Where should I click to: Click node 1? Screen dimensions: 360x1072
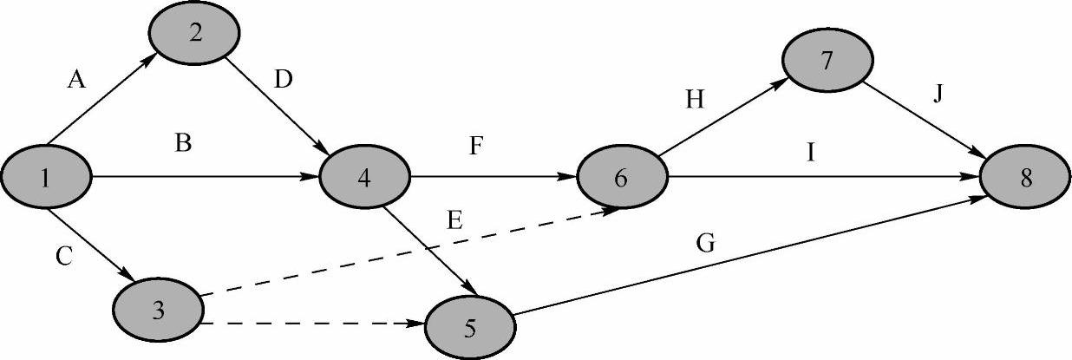pyautogui.click(x=45, y=179)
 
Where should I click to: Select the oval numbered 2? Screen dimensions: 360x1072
pyautogui.click(x=194, y=34)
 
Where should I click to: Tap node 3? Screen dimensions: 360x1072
pyautogui.click(x=158, y=309)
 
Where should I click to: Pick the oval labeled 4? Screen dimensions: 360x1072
pyautogui.click(x=364, y=179)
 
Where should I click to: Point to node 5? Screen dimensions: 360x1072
pyautogui.click(x=469, y=327)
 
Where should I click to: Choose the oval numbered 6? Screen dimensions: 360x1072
pyautogui.click(x=621, y=179)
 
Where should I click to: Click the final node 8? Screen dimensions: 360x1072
pyautogui.click(x=1026, y=179)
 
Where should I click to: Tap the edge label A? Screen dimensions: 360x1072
pyautogui.click(x=76, y=81)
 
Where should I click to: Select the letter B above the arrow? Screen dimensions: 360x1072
pyautogui.click(x=182, y=143)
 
